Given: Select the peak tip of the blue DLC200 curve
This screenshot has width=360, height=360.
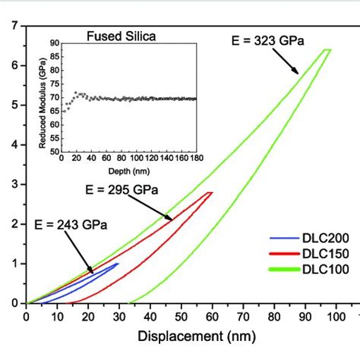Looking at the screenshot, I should (118, 264).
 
